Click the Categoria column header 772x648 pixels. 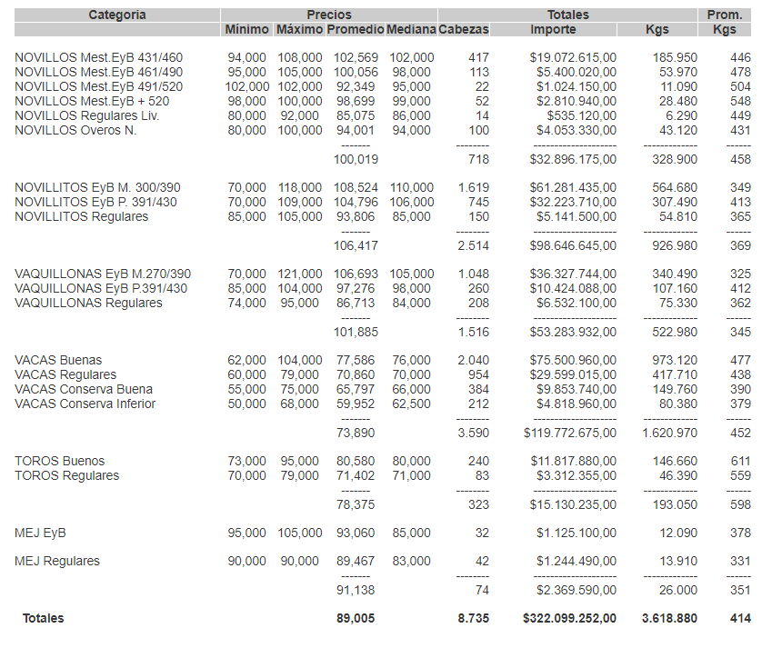116,15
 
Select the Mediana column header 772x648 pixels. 411,29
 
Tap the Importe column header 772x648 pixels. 553,29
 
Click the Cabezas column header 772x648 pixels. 464,29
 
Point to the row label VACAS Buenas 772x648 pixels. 58,360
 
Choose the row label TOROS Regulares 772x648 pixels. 66,475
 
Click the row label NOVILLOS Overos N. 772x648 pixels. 75,130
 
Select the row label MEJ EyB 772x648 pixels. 40,533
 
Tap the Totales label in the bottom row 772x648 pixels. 44,618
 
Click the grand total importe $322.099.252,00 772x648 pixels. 569,618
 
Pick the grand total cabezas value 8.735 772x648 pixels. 473,618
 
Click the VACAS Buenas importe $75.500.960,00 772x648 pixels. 573,360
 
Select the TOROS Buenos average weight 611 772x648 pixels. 740,461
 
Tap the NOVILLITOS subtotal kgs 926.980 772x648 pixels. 670,245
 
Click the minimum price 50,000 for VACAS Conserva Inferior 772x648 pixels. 246,404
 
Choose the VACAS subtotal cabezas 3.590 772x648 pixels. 473,433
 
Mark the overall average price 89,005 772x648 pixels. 355,618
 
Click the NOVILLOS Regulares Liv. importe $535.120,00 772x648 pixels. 581,115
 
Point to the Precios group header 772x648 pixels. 328,15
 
